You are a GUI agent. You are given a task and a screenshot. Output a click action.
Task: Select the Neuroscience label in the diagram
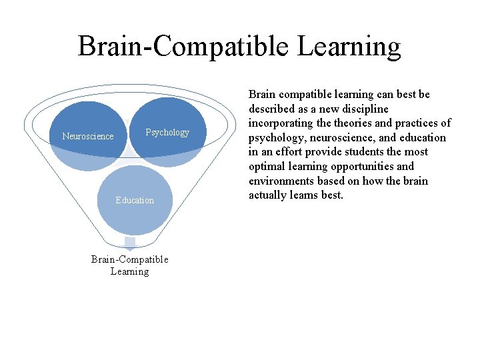tap(88, 136)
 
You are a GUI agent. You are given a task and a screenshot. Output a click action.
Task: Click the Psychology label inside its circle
tap(167, 132)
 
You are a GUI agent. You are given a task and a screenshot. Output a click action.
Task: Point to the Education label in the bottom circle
tap(135, 200)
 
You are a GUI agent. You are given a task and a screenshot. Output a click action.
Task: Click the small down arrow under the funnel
tap(130, 243)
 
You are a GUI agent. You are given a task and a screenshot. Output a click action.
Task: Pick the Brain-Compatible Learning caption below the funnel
tap(130, 265)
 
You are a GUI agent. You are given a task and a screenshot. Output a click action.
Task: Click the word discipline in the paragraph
tap(365, 109)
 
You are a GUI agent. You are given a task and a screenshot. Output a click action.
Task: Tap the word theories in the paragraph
tap(354, 123)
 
